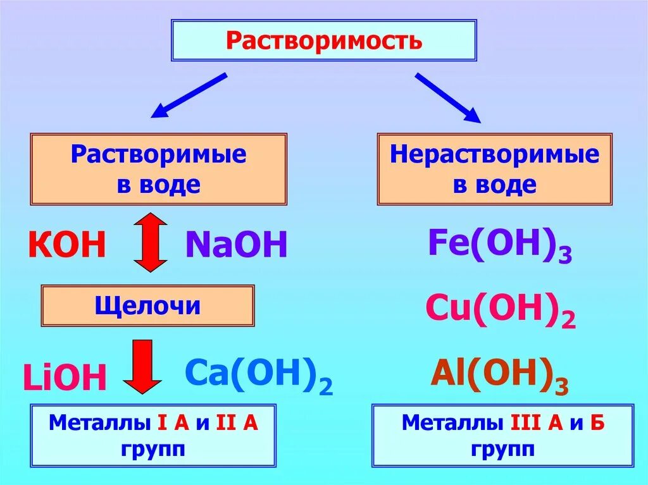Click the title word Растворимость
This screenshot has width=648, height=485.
(323, 41)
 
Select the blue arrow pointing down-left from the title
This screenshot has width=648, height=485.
(189, 95)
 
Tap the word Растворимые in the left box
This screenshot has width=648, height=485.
(158, 155)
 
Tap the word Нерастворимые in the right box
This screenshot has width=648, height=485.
(494, 155)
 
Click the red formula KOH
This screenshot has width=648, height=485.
(66, 245)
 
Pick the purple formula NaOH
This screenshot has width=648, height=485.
(236, 245)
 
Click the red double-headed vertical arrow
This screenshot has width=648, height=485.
(151, 243)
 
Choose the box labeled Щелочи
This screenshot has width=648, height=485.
(148, 306)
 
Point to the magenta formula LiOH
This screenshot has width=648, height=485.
(65, 378)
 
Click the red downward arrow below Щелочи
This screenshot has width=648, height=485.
(142, 366)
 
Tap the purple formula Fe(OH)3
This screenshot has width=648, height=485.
(500, 245)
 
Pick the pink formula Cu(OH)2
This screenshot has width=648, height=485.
(500, 309)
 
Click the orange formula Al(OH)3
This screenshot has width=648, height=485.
(500, 375)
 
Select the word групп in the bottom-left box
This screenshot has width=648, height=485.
(154, 450)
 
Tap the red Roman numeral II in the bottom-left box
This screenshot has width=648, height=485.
(226, 423)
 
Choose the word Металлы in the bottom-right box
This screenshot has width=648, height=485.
(442, 423)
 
